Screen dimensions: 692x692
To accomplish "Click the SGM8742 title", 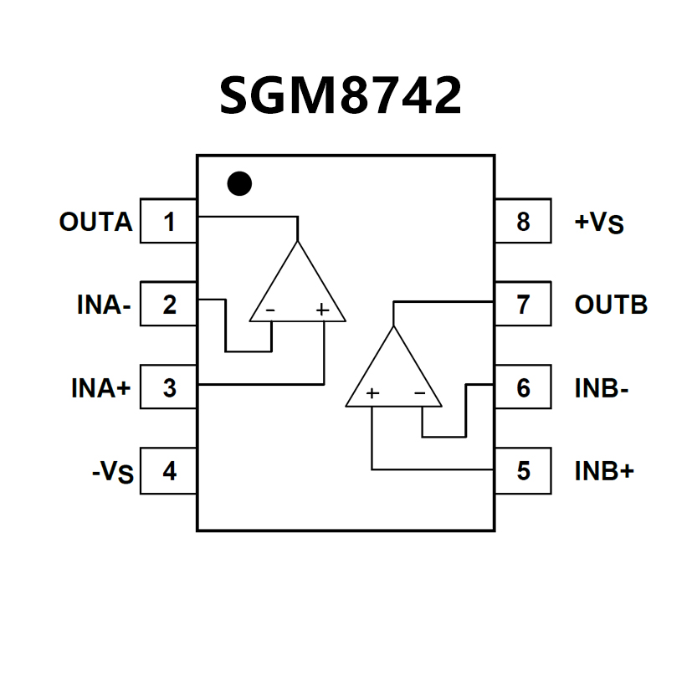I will click(340, 95).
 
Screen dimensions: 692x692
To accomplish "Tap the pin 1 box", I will click(169, 222).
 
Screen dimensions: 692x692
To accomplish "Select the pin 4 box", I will click(169, 471).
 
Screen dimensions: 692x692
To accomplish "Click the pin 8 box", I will click(523, 222).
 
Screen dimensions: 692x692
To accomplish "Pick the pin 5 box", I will click(523, 471).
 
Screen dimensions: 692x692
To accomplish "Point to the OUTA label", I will click(95, 223).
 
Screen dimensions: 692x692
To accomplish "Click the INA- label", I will click(104, 305).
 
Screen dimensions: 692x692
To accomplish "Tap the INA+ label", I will click(101, 388).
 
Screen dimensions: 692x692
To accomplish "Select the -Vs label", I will click(112, 473).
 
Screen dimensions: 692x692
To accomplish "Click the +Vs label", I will click(599, 223).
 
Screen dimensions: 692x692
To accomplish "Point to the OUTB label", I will click(611, 305).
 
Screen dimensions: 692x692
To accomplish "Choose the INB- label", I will click(602, 388).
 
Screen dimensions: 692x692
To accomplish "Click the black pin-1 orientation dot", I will click(239, 183).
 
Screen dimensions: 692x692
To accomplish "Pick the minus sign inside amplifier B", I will click(420, 393).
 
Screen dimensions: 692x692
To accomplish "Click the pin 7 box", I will click(523, 305).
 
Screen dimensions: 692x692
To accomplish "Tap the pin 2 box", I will click(169, 305).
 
